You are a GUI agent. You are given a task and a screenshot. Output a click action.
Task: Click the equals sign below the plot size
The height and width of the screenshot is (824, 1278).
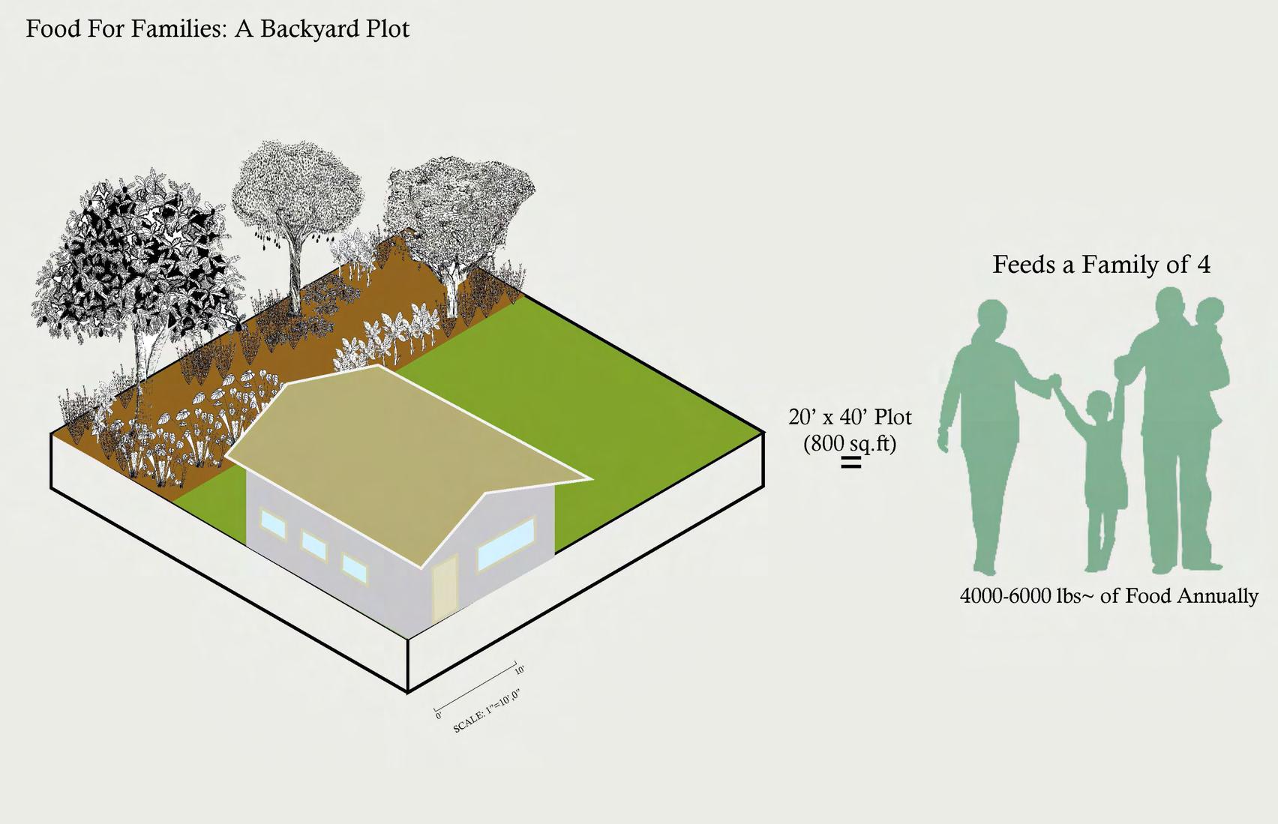(x=850, y=463)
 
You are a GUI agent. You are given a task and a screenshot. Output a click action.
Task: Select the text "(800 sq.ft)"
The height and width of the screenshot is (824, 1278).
(x=850, y=443)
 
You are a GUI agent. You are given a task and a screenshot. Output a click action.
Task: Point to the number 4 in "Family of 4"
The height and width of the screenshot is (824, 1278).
(x=1203, y=265)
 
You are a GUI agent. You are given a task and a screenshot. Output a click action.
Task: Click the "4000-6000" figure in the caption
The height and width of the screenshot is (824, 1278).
(x=1006, y=596)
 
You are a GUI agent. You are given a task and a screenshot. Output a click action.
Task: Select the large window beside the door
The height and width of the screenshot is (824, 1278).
(x=506, y=544)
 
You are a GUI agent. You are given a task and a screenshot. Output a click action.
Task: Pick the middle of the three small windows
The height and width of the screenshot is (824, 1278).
(x=314, y=545)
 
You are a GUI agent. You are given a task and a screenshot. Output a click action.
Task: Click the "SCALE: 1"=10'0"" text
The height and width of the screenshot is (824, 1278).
(x=486, y=712)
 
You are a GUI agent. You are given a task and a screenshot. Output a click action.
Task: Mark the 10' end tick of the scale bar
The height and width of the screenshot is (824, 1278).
(x=516, y=667)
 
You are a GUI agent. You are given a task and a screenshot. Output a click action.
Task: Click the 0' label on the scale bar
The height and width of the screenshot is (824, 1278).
(x=438, y=716)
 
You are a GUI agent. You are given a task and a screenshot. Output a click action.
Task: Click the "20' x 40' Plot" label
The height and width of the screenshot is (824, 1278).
(x=850, y=417)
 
